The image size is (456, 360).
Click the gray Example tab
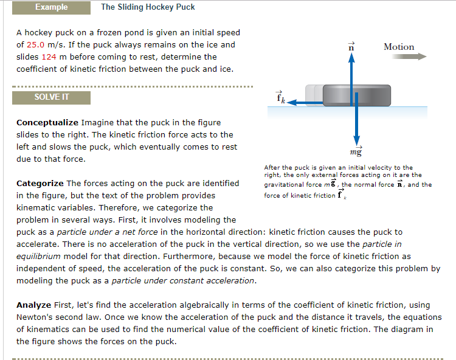coord(52,7)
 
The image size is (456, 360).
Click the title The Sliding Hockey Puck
coord(148,7)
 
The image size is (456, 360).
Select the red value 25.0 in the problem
coord(37,45)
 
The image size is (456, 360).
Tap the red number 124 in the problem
coord(49,57)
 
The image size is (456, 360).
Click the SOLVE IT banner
coord(51,97)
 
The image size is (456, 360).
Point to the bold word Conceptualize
coord(47,123)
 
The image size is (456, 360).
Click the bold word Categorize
coord(40,184)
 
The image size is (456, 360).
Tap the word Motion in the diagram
coord(399,47)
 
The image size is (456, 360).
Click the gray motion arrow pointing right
coord(413,57)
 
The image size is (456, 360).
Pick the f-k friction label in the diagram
coord(280,97)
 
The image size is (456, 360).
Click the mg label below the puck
coord(356,150)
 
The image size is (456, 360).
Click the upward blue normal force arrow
coord(350,70)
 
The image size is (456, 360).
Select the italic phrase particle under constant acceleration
coord(183,281)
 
